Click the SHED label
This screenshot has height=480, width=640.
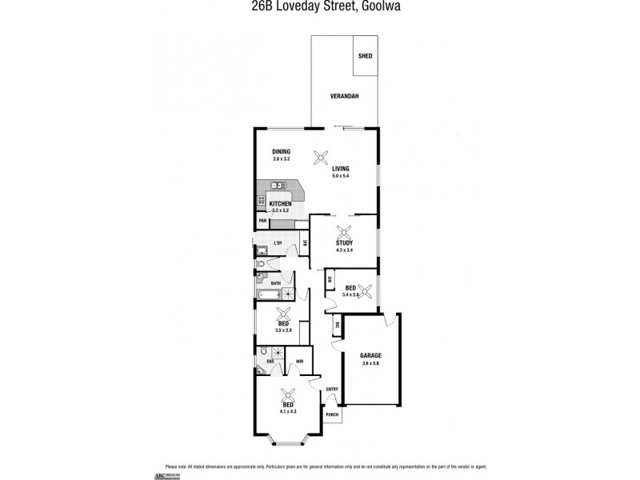(x=365, y=56)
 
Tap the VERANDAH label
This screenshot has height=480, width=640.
(x=344, y=97)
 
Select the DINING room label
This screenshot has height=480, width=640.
(x=281, y=151)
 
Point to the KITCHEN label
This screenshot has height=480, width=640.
(x=280, y=205)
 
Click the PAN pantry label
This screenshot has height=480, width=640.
(x=262, y=222)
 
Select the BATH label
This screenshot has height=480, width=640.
(x=275, y=283)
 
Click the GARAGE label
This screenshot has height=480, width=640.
(x=370, y=355)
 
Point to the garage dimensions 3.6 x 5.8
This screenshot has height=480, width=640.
(x=370, y=363)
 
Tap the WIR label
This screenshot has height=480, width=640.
(x=299, y=362)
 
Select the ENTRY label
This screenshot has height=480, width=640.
(x=332, y=390)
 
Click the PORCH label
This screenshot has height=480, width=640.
(x=332, y=415)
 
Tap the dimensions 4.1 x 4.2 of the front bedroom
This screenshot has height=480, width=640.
(x=288, y=412)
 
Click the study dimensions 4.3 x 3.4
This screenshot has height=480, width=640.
(x=345, y=250)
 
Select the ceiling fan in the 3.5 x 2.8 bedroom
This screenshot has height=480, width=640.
(x=284, y=313)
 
